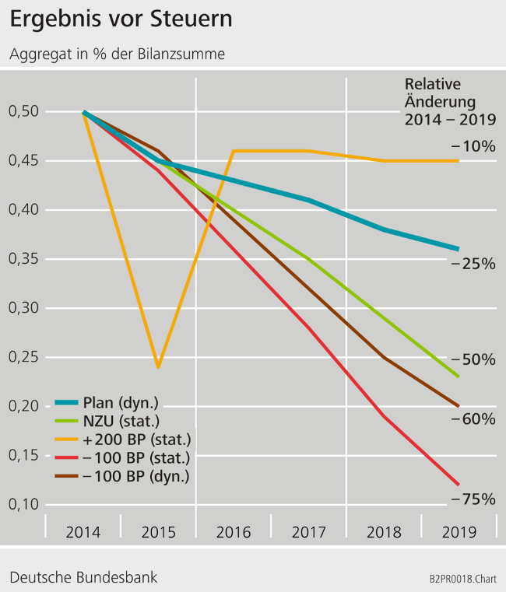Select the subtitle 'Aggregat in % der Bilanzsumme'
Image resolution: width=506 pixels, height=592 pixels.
[x=118, y=54]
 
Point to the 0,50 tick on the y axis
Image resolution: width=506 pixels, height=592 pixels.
[x=23, y=112]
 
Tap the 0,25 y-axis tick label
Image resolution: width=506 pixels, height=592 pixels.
[x=23, y=357]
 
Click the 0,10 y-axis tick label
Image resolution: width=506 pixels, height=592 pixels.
[x=23, y=504]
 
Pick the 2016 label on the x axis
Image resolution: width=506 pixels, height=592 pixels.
[x=233, y=532]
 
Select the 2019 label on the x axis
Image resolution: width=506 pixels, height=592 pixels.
[x=459, y=532]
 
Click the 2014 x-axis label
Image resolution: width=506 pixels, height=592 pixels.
[x=83, y=532]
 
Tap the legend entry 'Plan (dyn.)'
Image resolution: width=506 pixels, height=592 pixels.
[x=120, y=403]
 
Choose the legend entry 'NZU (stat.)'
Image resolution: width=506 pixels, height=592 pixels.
[x=120, y=421]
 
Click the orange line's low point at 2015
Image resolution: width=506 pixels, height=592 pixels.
[x=159, y=366]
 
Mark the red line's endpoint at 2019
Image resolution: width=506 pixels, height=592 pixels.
[x=459, y=484]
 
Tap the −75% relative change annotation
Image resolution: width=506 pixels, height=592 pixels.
[x=473, y=499]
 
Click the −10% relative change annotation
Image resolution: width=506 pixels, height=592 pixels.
[x=473, y=145]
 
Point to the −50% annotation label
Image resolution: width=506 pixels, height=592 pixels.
[x=473, y=359]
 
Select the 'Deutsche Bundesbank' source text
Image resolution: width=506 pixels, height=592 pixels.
[x=83, y=577]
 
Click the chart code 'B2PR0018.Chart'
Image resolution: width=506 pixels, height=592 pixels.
[x=462, y=580]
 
